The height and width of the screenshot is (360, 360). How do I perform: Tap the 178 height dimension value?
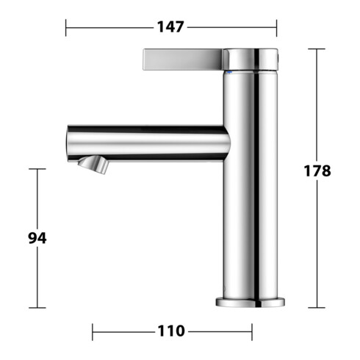[317, 170]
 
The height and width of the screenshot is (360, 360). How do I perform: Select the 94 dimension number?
[37, 238]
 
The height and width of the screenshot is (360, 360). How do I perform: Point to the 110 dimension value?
[170, 331]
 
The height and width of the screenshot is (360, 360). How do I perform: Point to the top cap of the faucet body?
[253, 57]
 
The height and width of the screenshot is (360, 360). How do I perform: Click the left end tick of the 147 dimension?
[66, 28]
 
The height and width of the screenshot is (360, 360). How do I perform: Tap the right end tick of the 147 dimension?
[276, 28]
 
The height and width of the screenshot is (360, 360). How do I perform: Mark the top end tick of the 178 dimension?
[316, 48]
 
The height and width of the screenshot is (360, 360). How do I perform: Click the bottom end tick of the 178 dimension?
[316, 308]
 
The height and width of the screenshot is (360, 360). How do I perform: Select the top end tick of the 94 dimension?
[37, 169]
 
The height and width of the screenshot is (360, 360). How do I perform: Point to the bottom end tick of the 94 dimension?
[37, 308]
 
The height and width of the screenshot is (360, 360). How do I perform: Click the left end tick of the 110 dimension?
[93, 331]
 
